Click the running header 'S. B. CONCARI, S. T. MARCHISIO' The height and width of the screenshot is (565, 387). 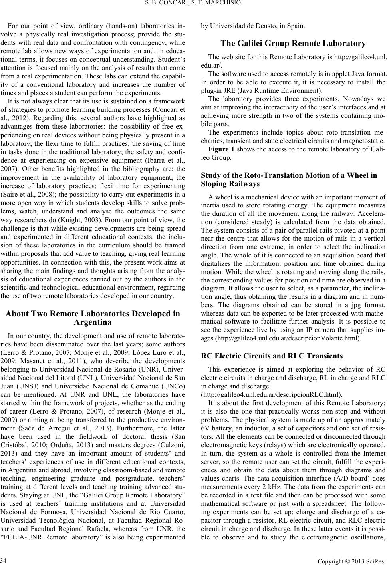pyautogui.click(x=194, y=4)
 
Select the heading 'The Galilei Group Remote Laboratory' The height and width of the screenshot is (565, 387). pyautogui.click(x=293, y=44)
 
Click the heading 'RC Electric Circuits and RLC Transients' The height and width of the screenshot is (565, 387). pyautogui.click(x=272, y=356)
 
